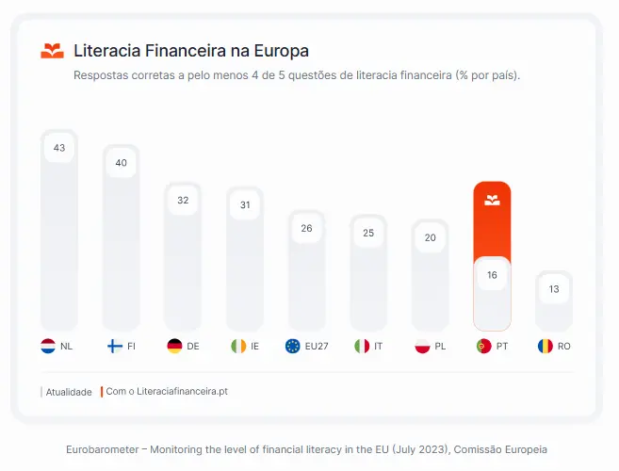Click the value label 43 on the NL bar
tap(59, 148)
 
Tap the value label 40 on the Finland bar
tap(122, 163)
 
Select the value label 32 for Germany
tap(183, 201)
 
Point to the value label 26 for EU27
tap(306, 228)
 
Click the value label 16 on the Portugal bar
tap(492, 275)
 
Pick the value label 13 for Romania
tap(554, 289)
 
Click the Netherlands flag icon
tap(49, 346)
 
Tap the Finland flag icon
tap(114, 346)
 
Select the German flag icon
tap(174, 346)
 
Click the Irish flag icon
tap(238, 346)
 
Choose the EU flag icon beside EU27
tap(293, 346)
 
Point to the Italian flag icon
tap(362, 346)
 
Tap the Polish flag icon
tap(423, 346)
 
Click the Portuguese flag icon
tap(484, 346)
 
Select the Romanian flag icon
tap(546, 346)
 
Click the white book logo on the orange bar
tap(492, 200)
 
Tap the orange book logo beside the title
tap(53, 51)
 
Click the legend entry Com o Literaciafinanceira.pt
tap(167, 391)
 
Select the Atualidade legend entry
tap(69, 392)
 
